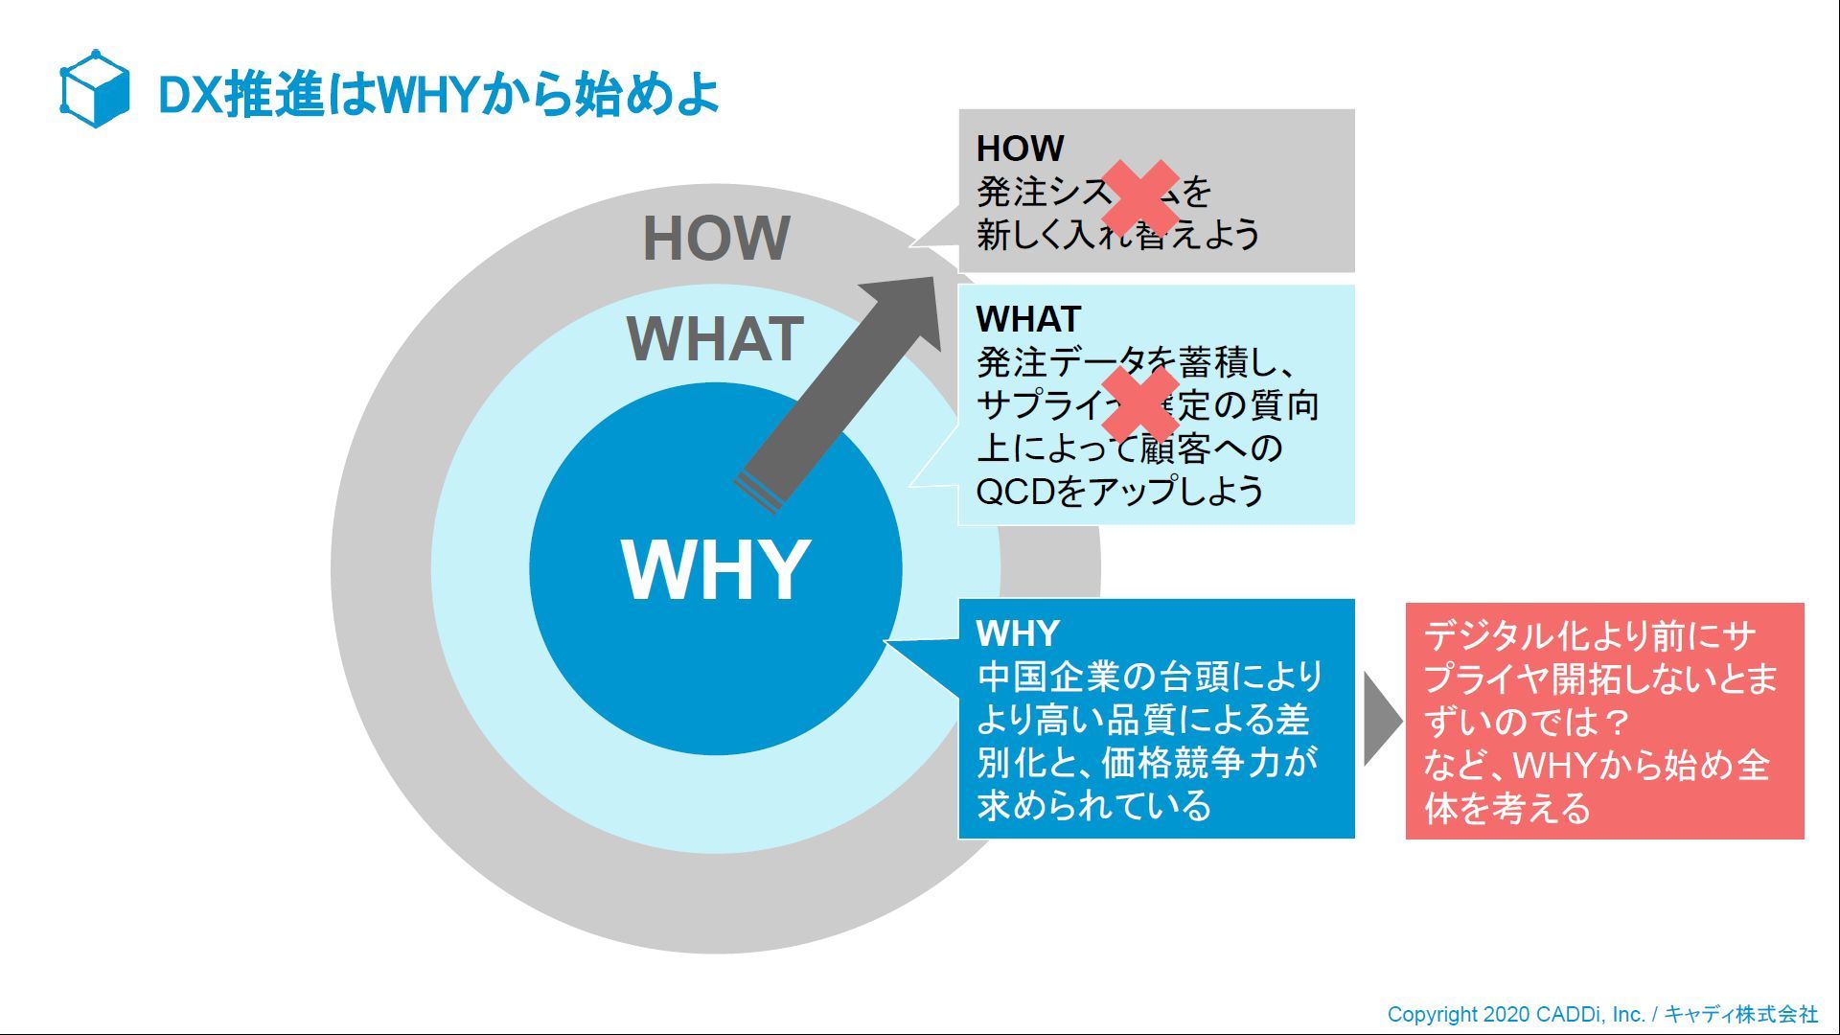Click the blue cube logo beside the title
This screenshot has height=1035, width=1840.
pos(94,89)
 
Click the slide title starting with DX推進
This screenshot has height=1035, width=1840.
pos(438,95)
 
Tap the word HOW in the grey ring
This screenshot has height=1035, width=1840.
pos(716,238)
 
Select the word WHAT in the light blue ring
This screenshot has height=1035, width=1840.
pos(715,338)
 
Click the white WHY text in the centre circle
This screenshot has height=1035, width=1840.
pos(716,569)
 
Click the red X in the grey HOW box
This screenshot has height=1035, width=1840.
pos(1140,197)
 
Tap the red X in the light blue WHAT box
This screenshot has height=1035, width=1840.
pos(1140,403)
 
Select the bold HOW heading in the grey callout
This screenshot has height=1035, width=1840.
pos(1020,149)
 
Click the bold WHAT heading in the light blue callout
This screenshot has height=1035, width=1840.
pos(1028,318)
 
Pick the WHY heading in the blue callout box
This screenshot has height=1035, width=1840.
pos(1018,633)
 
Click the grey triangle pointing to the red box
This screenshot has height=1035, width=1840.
pos(1381,719)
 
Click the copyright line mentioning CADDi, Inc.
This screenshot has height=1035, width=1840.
pos(1515,1014)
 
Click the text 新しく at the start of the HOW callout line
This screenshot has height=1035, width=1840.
pos(1019,234)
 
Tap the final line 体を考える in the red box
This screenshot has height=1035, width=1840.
pos(1506,809)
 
